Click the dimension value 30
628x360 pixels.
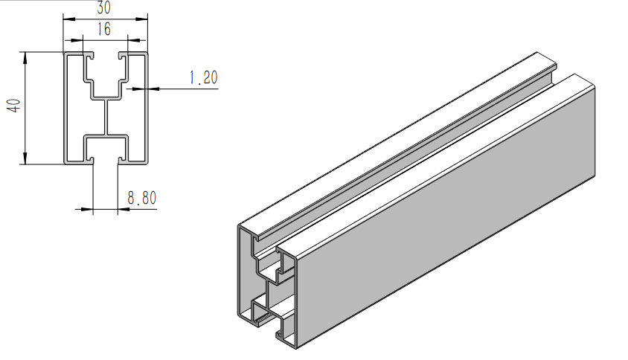pos(103,8)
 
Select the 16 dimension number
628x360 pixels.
pos(103,29)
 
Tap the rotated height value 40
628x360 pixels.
pos(13,107)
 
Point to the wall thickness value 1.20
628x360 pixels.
pos(202,77)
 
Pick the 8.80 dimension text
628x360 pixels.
pos(141,198)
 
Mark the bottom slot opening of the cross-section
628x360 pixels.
pos(105,159)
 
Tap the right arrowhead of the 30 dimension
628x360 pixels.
pos(144,19)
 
